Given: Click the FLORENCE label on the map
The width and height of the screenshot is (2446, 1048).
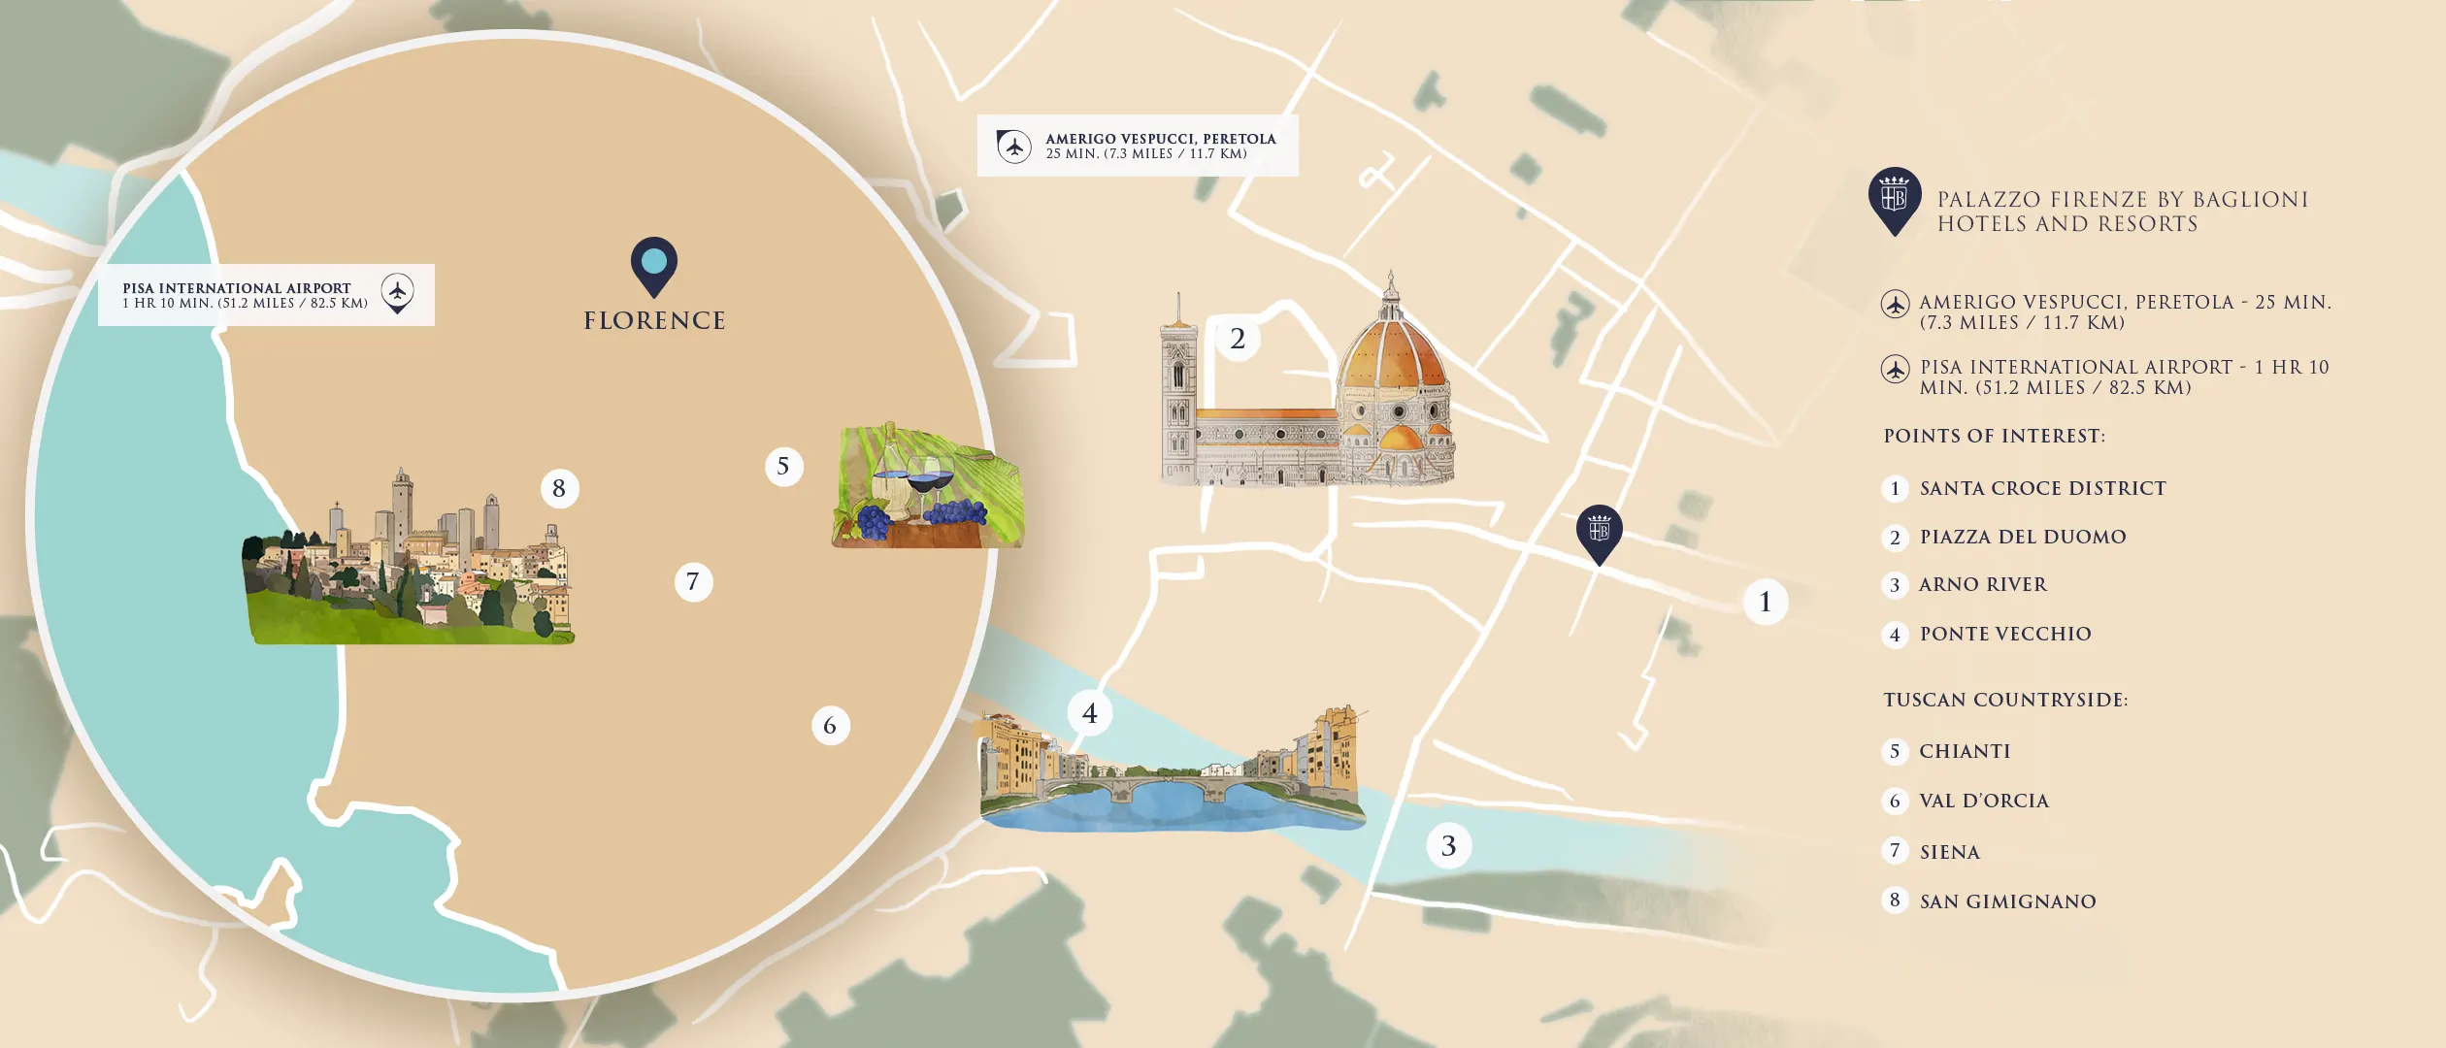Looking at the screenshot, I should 654,321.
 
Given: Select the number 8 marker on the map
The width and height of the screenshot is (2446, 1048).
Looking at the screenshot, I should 559,488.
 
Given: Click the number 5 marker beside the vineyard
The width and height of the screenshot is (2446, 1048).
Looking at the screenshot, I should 783,466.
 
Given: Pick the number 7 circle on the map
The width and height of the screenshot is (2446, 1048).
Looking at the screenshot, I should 693,582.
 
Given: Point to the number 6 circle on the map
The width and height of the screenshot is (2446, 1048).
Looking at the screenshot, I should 830,726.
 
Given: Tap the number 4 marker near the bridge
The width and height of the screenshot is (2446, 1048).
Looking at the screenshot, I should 1090,713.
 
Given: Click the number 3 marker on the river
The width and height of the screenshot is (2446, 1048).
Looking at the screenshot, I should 1448,846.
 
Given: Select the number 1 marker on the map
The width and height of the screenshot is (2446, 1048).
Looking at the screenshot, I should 1765,602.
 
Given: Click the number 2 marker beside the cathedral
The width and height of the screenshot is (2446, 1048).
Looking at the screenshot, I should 1238,339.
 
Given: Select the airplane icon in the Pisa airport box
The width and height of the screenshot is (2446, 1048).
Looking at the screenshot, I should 397,291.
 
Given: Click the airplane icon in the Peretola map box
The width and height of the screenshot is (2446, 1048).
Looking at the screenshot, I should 1014,147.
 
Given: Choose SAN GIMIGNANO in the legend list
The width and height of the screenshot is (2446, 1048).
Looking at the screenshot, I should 2007,901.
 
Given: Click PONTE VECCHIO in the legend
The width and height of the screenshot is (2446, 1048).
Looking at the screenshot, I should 2005,634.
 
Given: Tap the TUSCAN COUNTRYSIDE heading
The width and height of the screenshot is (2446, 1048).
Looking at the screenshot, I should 2005,700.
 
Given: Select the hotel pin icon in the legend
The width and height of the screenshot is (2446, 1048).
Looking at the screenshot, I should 1894,199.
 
